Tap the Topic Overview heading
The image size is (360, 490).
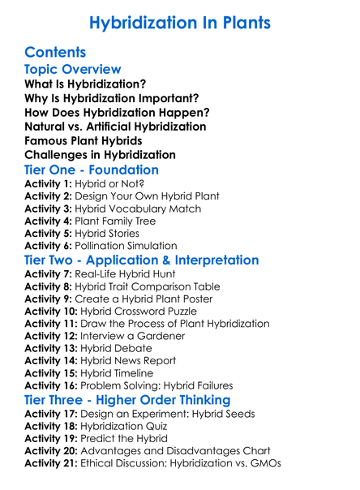pos(73,70)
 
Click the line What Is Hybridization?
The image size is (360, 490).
pos(85,84)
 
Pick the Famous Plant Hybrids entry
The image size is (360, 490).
pos(84,140)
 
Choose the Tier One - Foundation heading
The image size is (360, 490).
pos(92,170)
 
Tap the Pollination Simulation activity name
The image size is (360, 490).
pos(135,246)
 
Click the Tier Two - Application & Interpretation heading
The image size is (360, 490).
pos(142,261)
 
